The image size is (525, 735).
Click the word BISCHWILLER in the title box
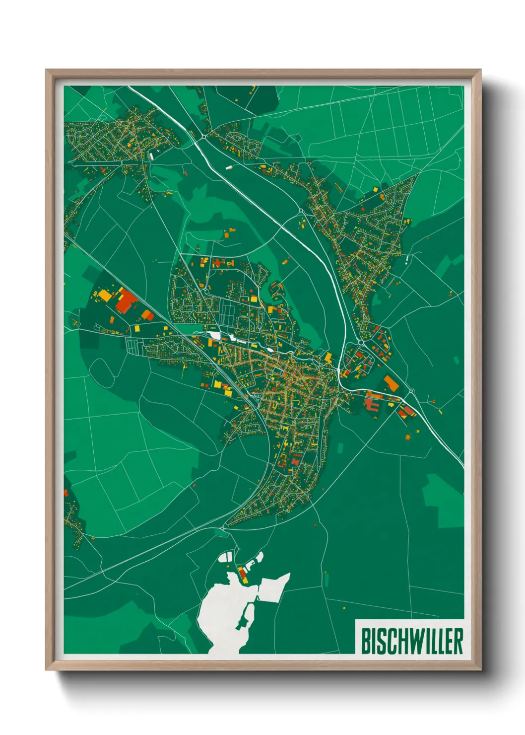tap(411, 641)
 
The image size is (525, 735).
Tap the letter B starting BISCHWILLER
tap(365, 641)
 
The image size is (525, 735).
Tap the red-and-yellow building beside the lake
tap(243, 575)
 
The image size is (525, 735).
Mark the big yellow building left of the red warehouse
tap(105, 295)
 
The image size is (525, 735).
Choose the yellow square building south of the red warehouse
tap(147, 315)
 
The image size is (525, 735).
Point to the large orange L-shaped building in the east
tap(391, 383)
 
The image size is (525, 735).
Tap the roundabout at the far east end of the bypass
tap(411, 391)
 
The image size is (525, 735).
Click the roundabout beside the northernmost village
tap(204, 135)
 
